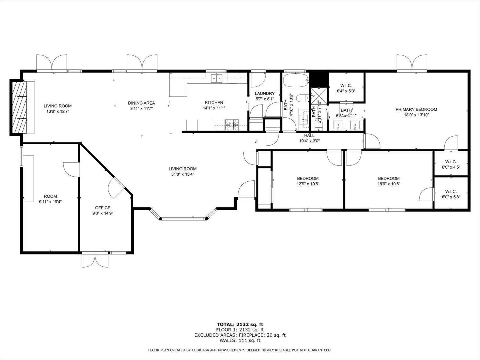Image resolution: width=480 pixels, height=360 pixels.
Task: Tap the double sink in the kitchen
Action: pos(217,78)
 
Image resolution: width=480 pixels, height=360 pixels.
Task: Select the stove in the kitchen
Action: pos(232,125)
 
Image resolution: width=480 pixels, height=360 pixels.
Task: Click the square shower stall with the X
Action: pos(319,96)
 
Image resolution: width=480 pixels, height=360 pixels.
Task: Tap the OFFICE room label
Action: pos(103,208)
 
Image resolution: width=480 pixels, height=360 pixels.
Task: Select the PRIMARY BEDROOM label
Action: pos(416,109)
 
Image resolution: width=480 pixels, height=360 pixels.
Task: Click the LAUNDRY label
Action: pos(265,93)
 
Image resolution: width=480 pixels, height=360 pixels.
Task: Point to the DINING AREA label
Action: pos(141,103)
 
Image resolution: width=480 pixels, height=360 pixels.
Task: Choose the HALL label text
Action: pos(309,135)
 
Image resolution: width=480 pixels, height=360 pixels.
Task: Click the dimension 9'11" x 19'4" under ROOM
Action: pos(50,202)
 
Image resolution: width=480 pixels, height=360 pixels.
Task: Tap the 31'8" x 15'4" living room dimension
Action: pos(183,174)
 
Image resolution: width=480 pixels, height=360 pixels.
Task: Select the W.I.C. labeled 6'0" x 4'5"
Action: pos(451,164)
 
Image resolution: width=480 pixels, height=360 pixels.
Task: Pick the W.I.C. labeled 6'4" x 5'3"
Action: pos(346,88)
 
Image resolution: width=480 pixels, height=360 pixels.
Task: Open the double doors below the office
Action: pos(95,260)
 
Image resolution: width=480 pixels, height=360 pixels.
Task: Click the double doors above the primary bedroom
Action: pos(412,62)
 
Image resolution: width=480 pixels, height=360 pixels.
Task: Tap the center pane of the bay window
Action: pos(183,219)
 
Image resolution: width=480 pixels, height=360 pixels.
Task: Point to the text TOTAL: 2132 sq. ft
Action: pos(240,324)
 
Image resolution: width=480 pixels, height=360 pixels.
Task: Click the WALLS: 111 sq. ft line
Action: pos(240,340)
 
